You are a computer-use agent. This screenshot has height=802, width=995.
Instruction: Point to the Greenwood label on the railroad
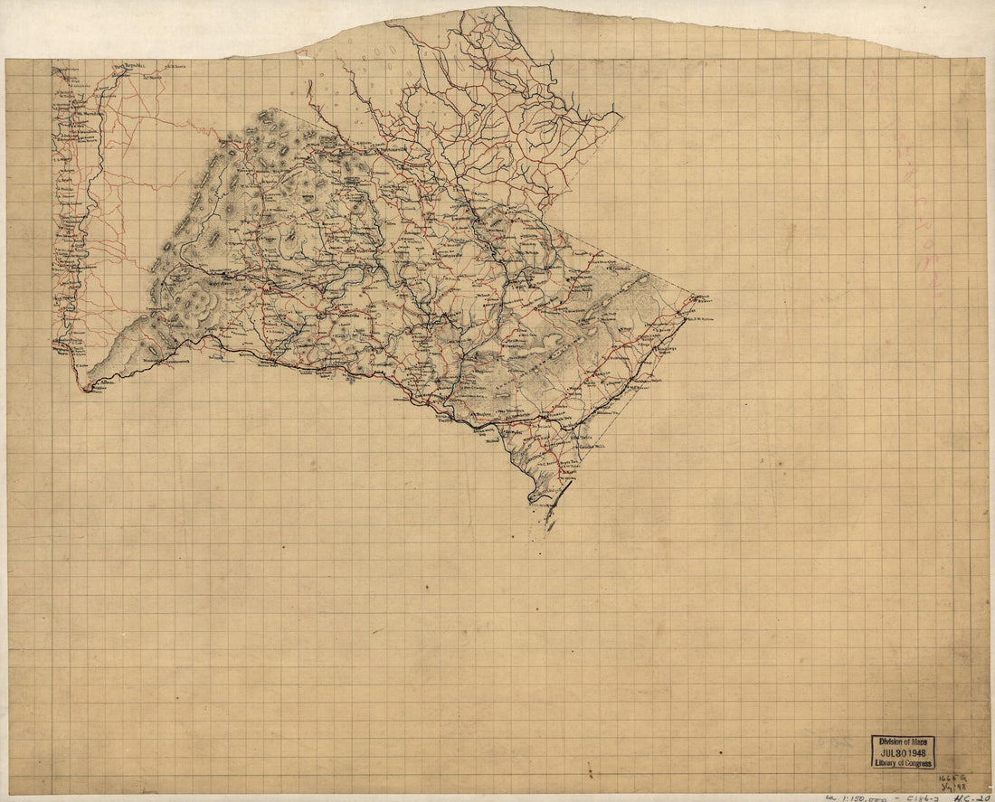(184, 361)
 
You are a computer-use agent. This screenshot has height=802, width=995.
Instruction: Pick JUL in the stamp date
(885, 752)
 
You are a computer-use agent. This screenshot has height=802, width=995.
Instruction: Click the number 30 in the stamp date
(901, 752)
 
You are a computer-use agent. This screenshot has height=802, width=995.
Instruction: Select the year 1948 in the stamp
(920, 752)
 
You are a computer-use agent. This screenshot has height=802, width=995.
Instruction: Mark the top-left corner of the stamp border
(872, 735)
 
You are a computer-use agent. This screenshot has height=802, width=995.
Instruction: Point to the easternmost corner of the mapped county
(696, 296)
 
